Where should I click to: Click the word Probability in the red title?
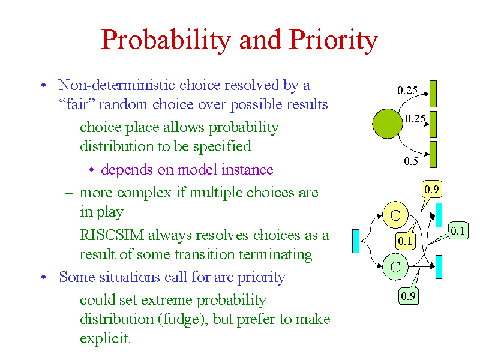click(166, 40)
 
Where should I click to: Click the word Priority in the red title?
click(334, 40)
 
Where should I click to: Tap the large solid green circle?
click(387, 124)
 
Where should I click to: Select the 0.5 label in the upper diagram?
click(411, 161)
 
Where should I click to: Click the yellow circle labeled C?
click(395, 215)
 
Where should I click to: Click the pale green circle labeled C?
click(395, 266)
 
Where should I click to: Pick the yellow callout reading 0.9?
click(431, 190)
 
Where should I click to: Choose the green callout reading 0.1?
click(457, 230)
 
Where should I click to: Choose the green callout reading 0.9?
click(409, 295)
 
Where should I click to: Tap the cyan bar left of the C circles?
click(356, 241)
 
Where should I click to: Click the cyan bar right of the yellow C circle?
click(439, 215)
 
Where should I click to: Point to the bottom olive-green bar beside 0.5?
click(433, 154)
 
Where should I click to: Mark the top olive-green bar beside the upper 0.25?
click(433, 94)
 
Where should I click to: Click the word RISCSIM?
click(112, 235)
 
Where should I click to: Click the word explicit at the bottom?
click(105, 338)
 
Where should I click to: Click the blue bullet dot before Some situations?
click(44, 277)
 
